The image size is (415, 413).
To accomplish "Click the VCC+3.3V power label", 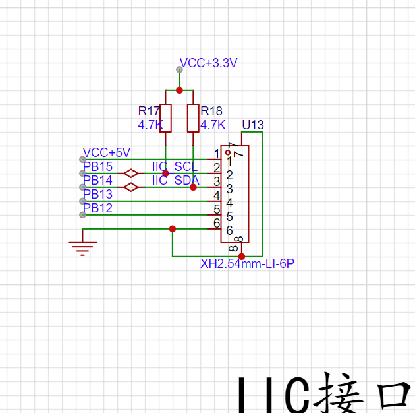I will tap(208, 63).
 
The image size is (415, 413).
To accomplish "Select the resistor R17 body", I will tap(165, 118).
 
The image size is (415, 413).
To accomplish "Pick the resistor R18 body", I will tap(193, 118).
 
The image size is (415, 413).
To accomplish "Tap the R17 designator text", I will tap(149, 111).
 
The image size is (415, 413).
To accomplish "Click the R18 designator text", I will tap(212, 111).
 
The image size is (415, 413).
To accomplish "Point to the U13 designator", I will tap(253, 125).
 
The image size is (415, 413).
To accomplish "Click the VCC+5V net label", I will tap(106, 153).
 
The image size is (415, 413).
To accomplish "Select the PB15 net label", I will tap(97, 167).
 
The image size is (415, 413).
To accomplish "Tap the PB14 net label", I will tap(97, 180).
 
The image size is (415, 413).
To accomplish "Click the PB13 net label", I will tap(97, 194).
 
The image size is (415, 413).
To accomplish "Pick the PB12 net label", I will tap(97, 208).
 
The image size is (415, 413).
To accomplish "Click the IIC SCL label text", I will tap(175, 167).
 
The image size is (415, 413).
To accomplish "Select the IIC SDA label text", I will tap(176, 180).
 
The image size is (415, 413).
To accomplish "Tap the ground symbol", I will tap(82, 247).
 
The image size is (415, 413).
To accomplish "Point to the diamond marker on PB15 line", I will tap(131, 174).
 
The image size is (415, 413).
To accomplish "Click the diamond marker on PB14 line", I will tap(131, 187).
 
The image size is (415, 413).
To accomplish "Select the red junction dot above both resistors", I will tap(179, 90).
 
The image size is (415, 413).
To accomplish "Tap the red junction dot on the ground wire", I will tap(173, 229).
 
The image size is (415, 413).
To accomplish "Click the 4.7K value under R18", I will tap(213, 124).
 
